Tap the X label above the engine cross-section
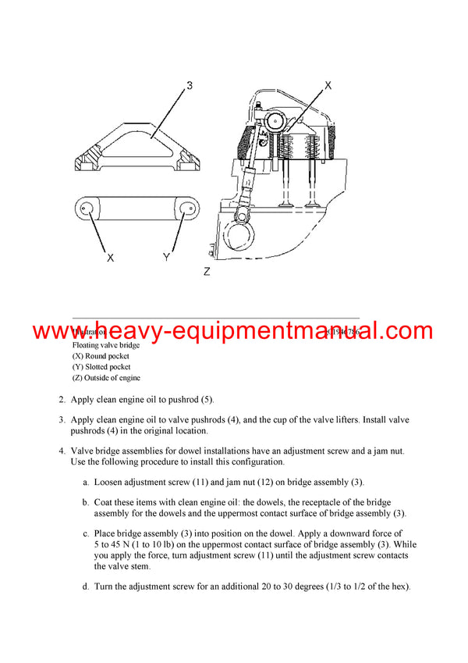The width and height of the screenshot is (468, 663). pyautogui.click(x=328, y=86)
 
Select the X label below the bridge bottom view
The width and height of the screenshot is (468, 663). pyautogui.click(x=110, y=258)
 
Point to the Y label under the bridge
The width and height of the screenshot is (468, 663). pyautogui.click(x=165, y=258)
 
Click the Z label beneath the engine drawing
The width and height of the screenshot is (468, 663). pyautogui.click(x=206, y=272)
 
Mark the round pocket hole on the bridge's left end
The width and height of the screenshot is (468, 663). pyautogui.click(x=86, y=209)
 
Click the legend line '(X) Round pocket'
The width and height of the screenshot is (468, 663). pyautogui.click(x=101, y=356)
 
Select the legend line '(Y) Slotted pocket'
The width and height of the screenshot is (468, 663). pyautogui.click(x=101, y=367)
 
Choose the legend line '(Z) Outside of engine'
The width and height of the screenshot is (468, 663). pyautogui.click(x=106, y=378)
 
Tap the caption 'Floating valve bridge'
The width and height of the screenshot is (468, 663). pyautogui.click(x=106, y=344)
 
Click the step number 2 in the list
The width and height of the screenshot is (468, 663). pyautogui.click(x=62, y=400)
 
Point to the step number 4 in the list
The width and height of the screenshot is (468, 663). pyautogui.click(x=62, y=451)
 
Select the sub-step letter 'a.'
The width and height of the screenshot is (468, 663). pyautogui.click(x=86, y=482)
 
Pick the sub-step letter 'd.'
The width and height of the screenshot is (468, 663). pyautogui.click(x=86, y=586)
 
